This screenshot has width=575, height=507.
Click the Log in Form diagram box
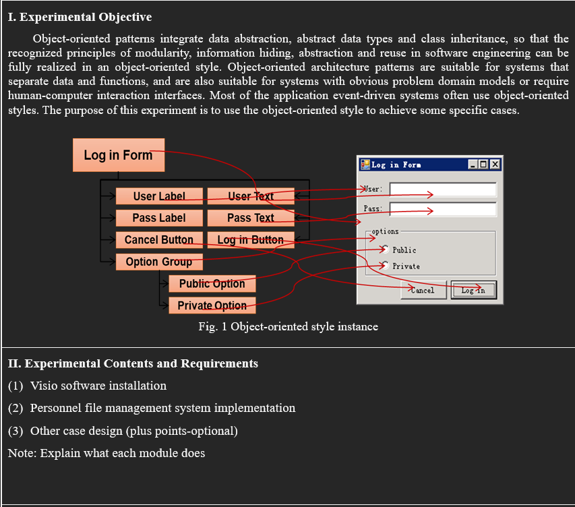tap(119, 155)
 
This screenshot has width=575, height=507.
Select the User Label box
tap(159, 196)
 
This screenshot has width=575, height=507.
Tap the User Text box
tap(251, 196)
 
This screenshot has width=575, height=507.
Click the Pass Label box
tap(159, 218)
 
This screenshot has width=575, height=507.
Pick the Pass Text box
tap(251, 218)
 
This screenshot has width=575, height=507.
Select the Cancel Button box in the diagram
tap(159, 239)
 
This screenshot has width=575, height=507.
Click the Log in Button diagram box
tap(251, 239)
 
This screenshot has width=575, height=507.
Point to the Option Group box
tap(159, 262)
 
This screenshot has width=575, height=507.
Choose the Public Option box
tap(212, 283)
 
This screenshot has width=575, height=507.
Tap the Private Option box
tap(212, 305)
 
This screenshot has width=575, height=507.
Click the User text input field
tap(443, 189)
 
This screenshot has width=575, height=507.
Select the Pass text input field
tap(443, 209)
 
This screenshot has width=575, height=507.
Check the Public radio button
tap(384, 249)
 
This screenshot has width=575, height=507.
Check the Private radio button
tap(384, 266)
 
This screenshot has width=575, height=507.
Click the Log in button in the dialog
tap(473, 290)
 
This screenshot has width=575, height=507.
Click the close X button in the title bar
tap(495, 165)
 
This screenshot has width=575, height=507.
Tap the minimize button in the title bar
tap(474, 165)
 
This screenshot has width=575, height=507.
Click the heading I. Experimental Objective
tap(80, 17)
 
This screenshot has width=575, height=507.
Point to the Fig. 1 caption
tap(288, 326)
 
